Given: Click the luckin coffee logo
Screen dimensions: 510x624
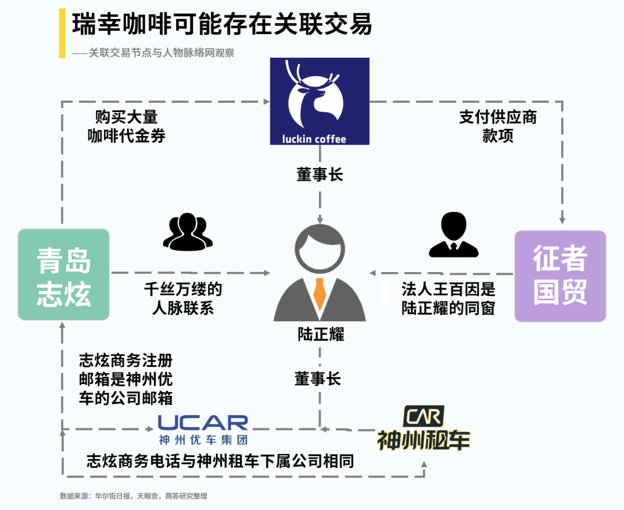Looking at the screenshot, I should click(320, 101).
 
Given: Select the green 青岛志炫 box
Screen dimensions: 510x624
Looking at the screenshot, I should click(64, 275).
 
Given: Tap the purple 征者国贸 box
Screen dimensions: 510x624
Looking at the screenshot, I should click(560, 276).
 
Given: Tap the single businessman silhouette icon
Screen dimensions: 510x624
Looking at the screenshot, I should click(453, 235).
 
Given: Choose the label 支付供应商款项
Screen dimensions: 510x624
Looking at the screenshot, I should click(497, 126).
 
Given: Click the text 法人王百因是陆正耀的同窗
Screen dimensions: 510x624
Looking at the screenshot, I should click(448, 298).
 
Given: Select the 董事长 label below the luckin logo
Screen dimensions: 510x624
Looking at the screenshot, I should click(320, 174).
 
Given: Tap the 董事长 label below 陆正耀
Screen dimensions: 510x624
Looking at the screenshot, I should click(318, 378).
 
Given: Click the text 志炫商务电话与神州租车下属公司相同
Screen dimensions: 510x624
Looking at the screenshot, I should click(220, 461).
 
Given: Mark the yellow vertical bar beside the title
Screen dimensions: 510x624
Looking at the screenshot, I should click(62, 33).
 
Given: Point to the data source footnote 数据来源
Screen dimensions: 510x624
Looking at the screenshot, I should click(133, 496).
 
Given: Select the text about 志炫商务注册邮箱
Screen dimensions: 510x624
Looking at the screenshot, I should click(125, 379).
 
